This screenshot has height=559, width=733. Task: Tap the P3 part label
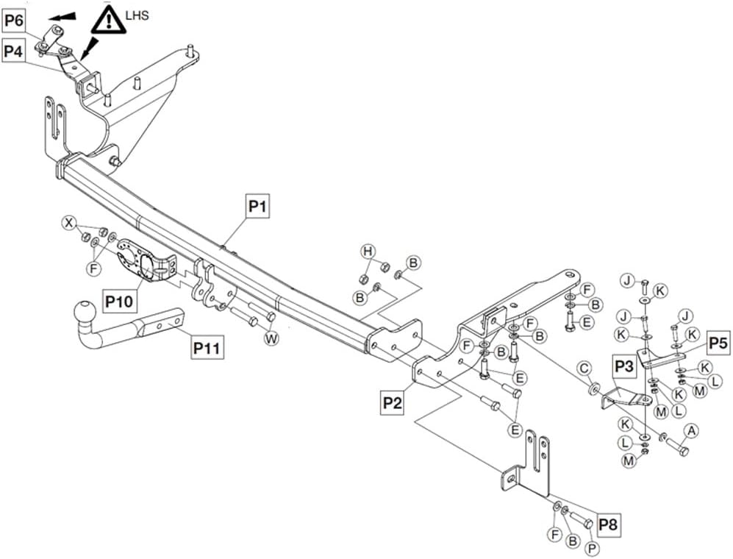pos(624,365)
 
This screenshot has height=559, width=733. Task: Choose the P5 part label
pos(718,342)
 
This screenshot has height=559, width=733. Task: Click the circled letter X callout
pos(68,222)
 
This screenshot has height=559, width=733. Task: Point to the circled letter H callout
pos(368,252)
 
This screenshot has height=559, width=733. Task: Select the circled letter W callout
pos(271,338)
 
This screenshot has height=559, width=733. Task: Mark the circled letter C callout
pos(584,367)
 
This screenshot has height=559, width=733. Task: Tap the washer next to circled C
pos(592,386)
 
